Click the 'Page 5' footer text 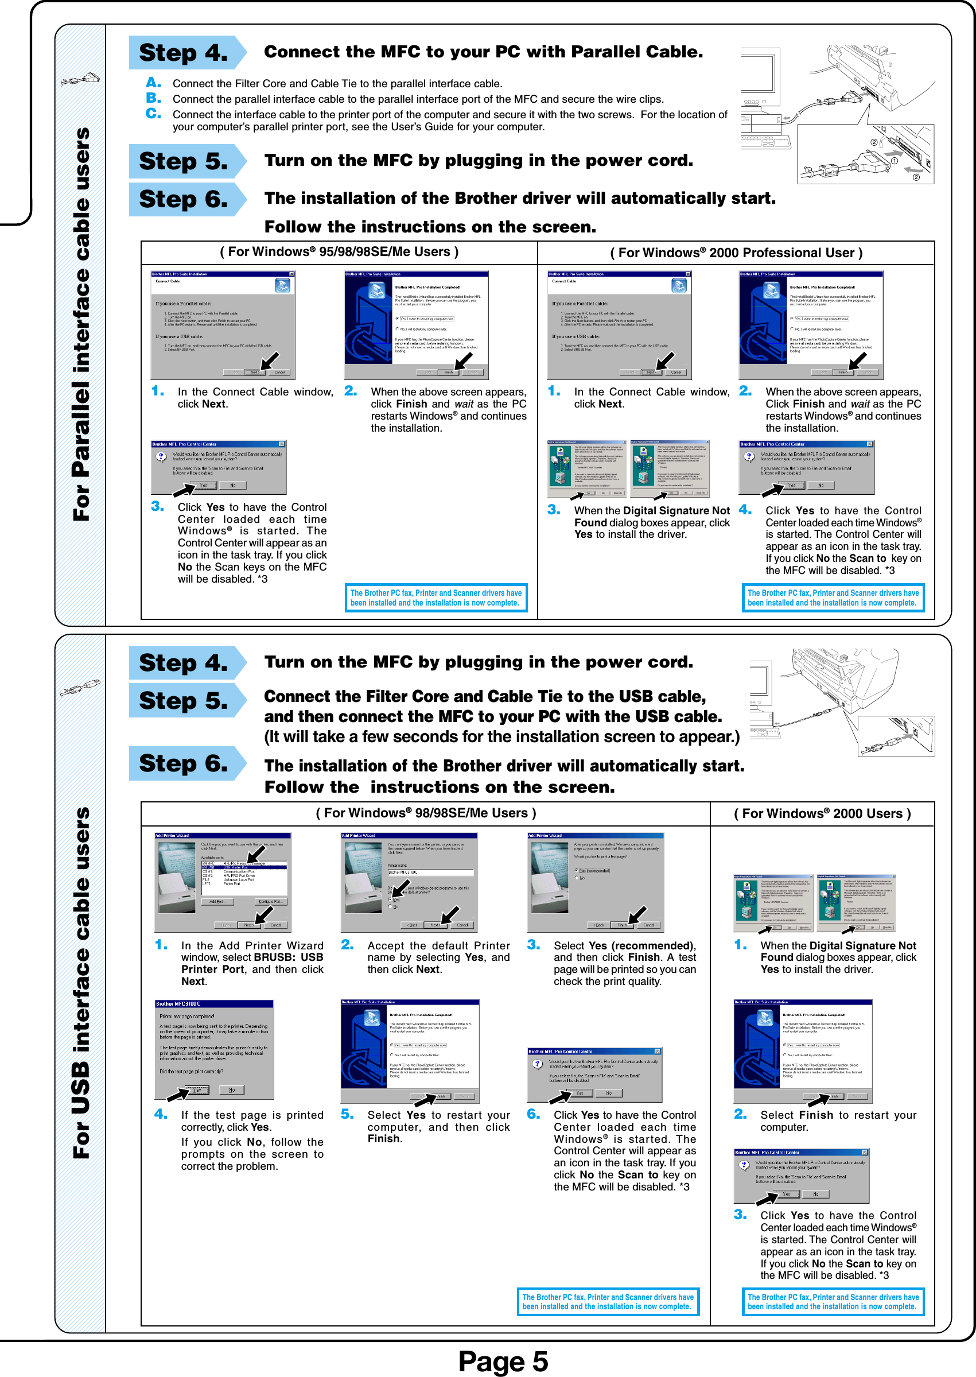[503, 1361]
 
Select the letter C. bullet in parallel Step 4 [153, 113]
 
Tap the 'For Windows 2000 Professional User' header [736, 253]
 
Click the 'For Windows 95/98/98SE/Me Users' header [339, 252]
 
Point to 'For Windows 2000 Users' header [822, 813]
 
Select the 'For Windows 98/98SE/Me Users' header [426, 813]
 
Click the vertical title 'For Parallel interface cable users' [81, 324]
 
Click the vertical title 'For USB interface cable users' [81, 983]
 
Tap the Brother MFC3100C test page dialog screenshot [214, 1049]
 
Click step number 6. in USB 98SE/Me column [533, 1114]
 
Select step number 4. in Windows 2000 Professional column [745, 510]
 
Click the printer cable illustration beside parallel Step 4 [838, 114]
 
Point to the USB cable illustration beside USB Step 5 [841, 703]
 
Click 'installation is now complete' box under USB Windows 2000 [833, 1301]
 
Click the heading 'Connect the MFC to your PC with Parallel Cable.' [483, 52]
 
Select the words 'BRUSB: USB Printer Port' [252, 963]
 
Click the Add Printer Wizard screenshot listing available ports [223, 882]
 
